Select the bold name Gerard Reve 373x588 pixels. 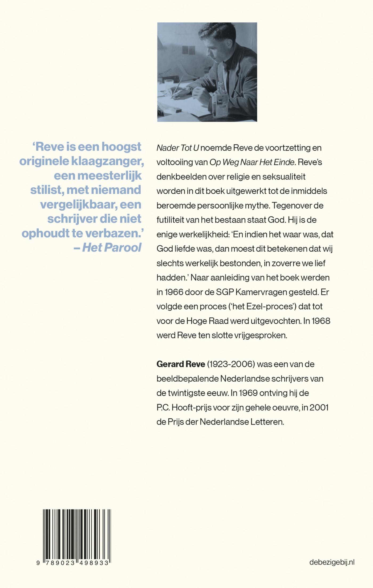tap(181, 364)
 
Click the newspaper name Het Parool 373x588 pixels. tap(112, 247)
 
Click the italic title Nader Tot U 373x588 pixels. tap(178, 148)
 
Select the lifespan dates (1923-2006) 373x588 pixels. tap(231, 364)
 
